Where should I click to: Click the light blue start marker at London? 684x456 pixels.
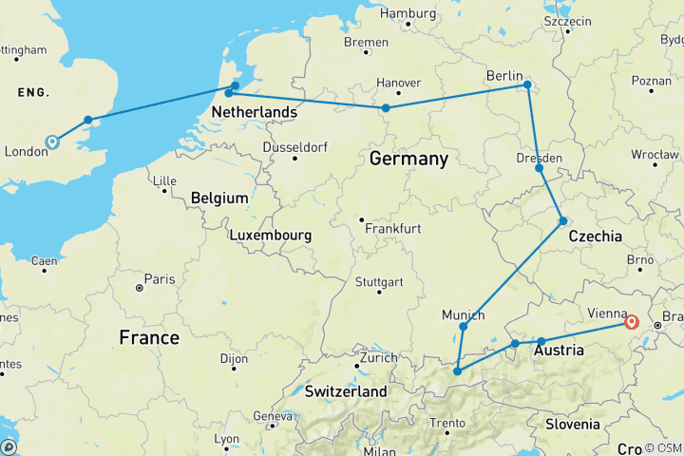52,142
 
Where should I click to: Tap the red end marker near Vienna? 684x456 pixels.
631,322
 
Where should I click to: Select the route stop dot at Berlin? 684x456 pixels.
527,85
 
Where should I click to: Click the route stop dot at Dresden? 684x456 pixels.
539,168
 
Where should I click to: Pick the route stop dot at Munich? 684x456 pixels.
463,327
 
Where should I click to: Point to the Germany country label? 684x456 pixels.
408,159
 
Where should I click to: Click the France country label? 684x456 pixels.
149,337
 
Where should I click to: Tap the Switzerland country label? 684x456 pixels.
345,391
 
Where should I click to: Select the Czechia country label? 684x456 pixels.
594,236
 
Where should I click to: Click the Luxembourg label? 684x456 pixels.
271,234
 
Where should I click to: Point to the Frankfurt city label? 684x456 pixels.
392,229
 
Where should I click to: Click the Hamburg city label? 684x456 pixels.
408,13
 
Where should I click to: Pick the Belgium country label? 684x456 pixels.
218,198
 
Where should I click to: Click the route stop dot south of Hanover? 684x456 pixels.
386,108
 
